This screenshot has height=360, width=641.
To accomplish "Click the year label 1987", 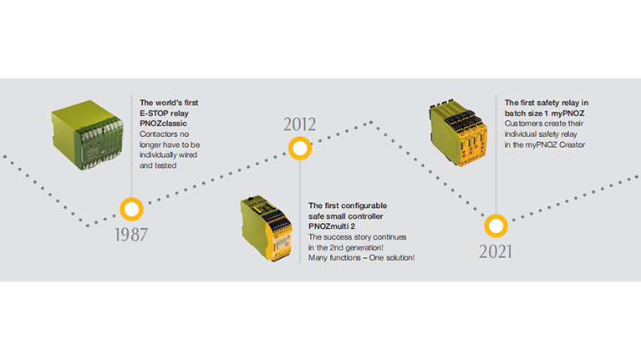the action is (131, 235).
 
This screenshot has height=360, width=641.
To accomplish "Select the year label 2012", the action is (300, 124).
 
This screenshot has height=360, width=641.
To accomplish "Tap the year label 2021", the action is (496, 251).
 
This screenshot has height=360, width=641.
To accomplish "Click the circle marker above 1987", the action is (132, 209).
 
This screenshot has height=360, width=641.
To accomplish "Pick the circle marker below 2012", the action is (300, 148).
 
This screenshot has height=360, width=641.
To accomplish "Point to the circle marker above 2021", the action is (496, 226).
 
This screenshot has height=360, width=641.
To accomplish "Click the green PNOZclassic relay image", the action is (87, 134).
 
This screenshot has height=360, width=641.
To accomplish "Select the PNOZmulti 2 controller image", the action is (266, 228).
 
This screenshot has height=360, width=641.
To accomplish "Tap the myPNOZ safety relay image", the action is (458, 133).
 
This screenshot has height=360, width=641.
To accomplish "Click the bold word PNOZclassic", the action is (163, 124).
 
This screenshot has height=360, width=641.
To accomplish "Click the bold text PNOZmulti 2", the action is (332, 226).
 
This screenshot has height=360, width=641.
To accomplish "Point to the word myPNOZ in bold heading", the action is (567, 114).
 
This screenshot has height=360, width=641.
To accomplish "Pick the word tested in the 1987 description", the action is (166, 165).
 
